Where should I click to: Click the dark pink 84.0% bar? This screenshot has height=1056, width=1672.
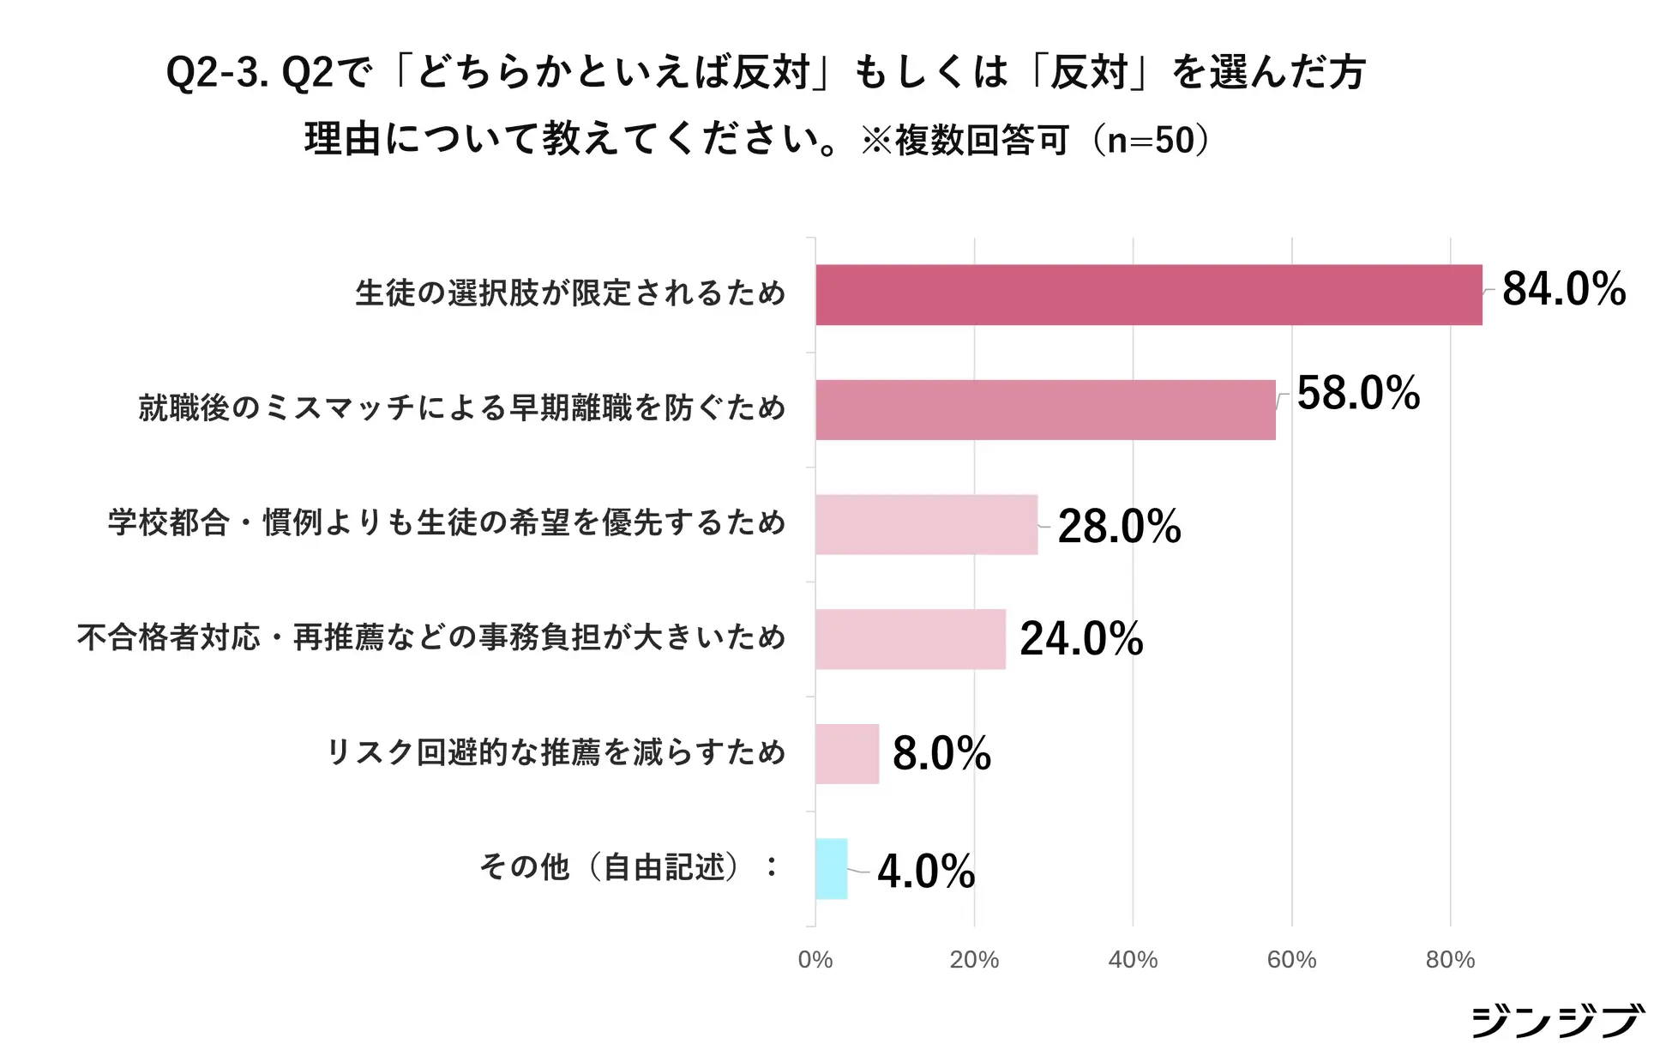point(1148,295)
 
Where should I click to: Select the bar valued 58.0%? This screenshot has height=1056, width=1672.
point(1045,410)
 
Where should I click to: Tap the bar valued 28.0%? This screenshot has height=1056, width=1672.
point(926,525)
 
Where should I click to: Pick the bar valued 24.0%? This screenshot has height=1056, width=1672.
point(910,639)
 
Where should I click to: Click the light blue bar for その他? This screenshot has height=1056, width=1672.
point(831,869)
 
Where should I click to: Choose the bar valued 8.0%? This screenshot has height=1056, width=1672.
point(847,754)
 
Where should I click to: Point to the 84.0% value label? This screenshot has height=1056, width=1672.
point(1563,289)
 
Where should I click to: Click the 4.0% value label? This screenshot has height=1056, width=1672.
point(926,872)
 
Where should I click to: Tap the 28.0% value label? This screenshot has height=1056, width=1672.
point(1119,526)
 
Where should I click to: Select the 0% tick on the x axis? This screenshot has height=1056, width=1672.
point(815,960)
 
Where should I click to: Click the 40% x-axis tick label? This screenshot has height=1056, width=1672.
point(1132,960)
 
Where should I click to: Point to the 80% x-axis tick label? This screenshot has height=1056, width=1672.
point(1450,960)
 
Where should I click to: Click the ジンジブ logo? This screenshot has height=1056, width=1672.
point(1556,1021)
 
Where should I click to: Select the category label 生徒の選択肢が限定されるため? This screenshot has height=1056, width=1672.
point(570,293)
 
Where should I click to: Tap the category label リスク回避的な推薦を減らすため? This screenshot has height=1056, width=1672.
point(556,752)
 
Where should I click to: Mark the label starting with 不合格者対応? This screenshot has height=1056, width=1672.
point(431,637)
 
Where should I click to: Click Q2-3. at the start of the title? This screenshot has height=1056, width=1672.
point(217,72)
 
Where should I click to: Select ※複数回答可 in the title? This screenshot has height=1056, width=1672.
point(965,141)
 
